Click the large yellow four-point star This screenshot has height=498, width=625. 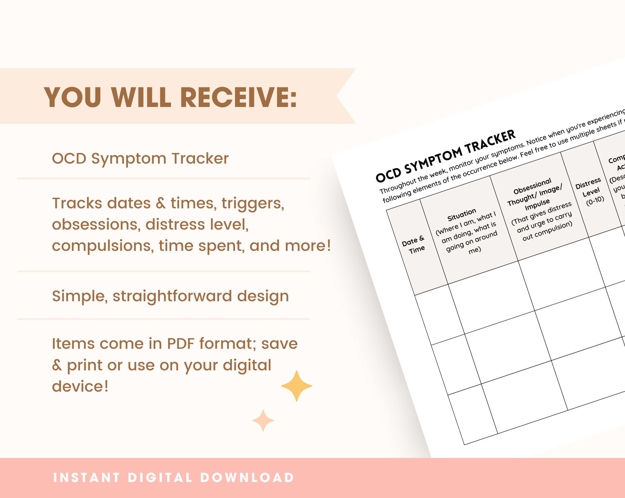[296, 386]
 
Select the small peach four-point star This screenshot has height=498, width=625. [263, 421]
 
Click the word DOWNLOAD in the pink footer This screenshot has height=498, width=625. [247, 478]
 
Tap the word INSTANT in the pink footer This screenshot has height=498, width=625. [87, 478]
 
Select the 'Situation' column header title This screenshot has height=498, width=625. [462, 215]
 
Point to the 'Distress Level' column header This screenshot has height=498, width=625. [589, 187]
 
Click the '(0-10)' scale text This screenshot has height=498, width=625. [595, 201]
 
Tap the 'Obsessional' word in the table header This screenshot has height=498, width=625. [532, 186]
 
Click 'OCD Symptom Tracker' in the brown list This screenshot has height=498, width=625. [140, 159]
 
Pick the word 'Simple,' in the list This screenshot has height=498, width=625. [80, 296]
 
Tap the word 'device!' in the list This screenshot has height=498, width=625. [80, 386]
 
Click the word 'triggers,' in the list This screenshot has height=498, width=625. [253, 203]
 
